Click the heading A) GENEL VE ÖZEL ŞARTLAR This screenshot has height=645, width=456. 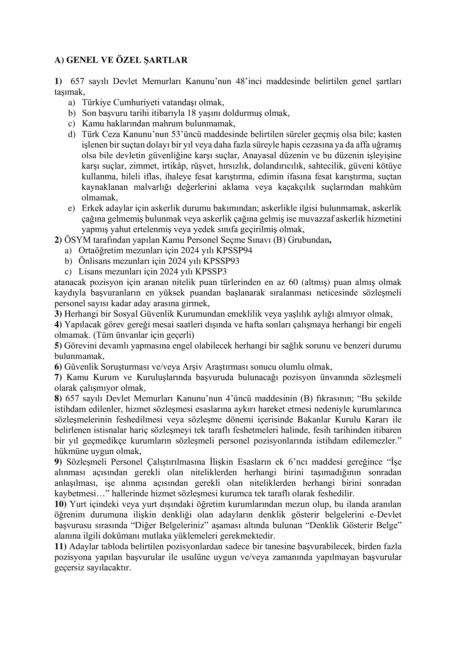pyautogui.click(x=121, y=60)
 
